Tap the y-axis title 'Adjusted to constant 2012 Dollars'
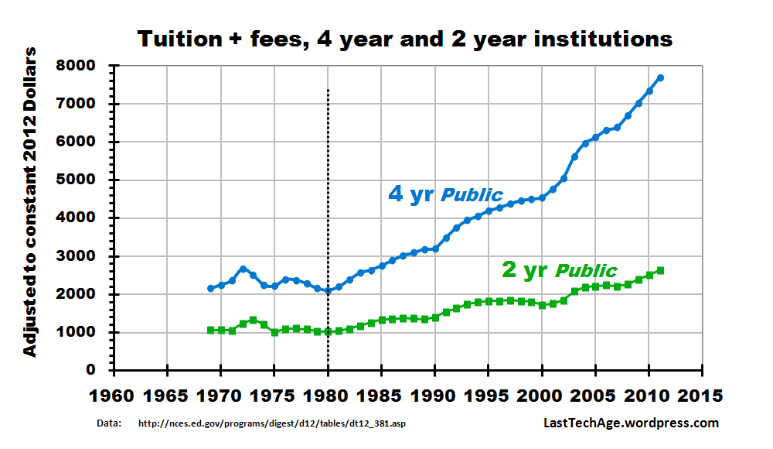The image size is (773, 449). (29, 202)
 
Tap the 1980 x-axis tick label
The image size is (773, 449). (328, 395)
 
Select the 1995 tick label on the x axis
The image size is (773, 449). (489, 395)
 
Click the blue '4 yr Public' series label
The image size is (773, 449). (445, 194)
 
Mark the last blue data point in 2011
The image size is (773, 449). (660, 77)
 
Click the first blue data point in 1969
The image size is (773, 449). (210, 288)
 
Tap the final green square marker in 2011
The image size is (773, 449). (660, 270)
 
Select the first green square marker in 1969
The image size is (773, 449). (210, 330)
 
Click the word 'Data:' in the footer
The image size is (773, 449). (109, 423)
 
